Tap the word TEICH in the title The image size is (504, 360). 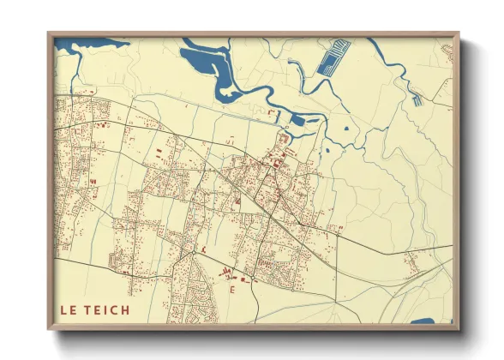[108, 310]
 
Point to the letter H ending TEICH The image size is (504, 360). [125, 310]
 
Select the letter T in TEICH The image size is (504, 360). [88, 310]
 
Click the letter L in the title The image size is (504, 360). [62, 310]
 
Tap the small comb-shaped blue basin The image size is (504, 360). [417, 99]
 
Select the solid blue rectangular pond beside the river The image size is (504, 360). [298, 120]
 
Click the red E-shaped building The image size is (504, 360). [232, 291]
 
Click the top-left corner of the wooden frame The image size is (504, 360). [49, 33]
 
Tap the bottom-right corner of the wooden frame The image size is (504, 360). [459, 330]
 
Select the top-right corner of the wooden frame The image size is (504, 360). [459, 33]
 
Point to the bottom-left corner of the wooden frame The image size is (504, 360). [49, 330]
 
